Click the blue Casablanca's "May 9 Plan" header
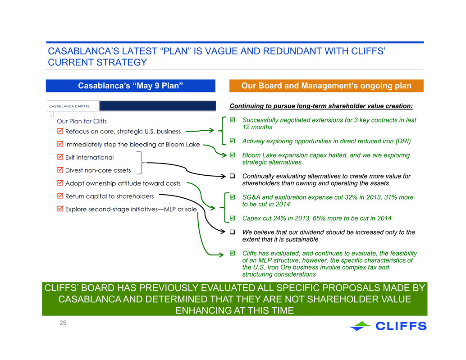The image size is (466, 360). click(x=130, y=86)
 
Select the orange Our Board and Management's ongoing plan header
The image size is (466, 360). click(x=326, y=86)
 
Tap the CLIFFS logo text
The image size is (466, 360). click(x=401, y=326)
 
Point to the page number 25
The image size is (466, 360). click(x=63, y=323)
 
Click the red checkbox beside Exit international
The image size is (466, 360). click(x=60, y=157)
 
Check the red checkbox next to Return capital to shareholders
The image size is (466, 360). click(x=60, y=196)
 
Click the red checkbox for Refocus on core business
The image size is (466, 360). click(x=60, y=131)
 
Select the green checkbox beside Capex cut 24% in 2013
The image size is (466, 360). click(x=233, y=218)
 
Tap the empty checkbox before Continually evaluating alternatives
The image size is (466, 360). click(x=233, y=176)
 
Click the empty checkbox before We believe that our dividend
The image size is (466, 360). click(x=233, y=232)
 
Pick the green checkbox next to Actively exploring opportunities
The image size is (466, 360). click(x=233, y=141)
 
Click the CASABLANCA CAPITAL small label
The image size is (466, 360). click(x=69, y=106)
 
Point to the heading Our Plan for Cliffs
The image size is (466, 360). click(x=82, y=121)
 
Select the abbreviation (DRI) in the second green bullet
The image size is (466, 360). click(x=403, y=141)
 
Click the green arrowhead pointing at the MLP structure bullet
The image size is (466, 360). click(x=221, y=255)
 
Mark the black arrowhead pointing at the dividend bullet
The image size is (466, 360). click(x=223, y=232)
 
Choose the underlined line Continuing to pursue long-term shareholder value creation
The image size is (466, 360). click(x=321, y=106)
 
